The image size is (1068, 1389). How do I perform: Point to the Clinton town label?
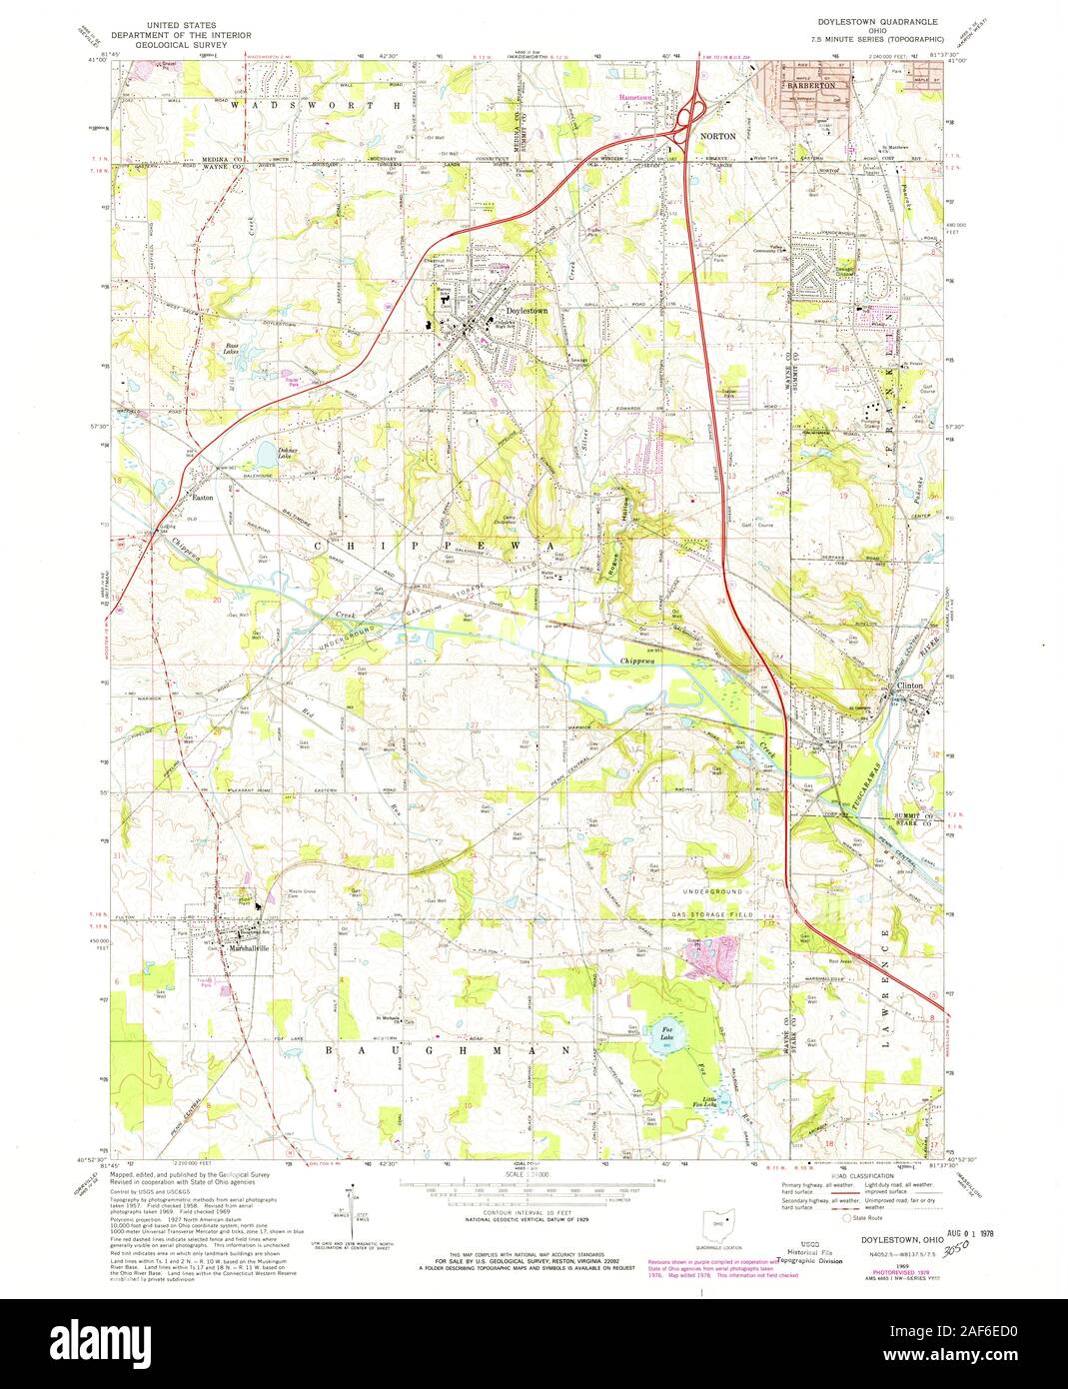(910, 686)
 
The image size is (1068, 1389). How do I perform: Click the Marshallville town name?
(237, 947)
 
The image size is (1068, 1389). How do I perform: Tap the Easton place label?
(204, 496)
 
